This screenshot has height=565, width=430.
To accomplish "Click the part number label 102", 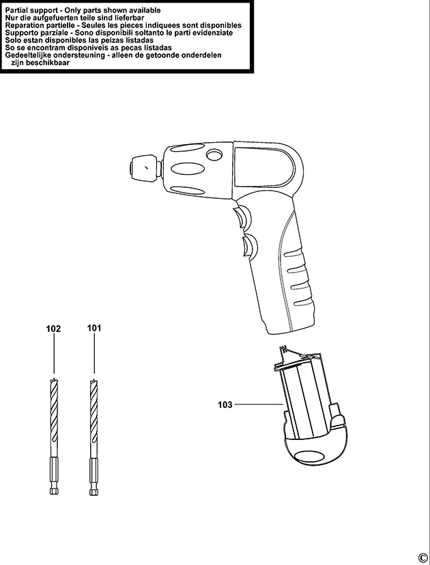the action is click(x=53, y=329).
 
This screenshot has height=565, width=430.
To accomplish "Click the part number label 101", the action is click(x=94, y=328).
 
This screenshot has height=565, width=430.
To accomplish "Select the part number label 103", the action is click(x=225, y=404).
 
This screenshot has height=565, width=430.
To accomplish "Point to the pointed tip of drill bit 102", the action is click(x=53, y=378).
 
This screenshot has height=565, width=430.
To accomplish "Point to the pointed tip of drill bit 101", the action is click(x=94, y=378).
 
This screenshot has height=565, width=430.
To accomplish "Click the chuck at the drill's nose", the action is click(x=144, y=168).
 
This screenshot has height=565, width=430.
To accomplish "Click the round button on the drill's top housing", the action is click(x=214, y=155).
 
